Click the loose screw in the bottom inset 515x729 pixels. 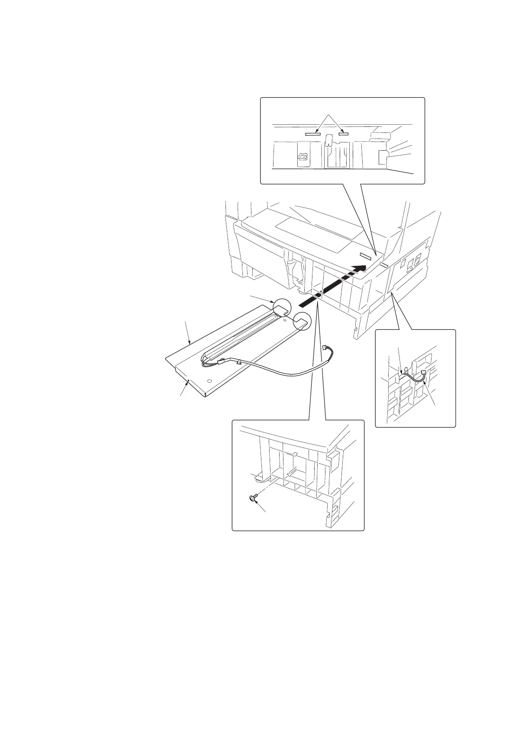[x=251, y=498]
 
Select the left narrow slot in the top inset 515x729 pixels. [x=312, y=134]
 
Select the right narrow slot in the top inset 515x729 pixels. [x=344, y=134]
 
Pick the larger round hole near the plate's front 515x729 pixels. [x=209, y=381]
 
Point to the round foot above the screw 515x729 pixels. [x=258, y=479]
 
